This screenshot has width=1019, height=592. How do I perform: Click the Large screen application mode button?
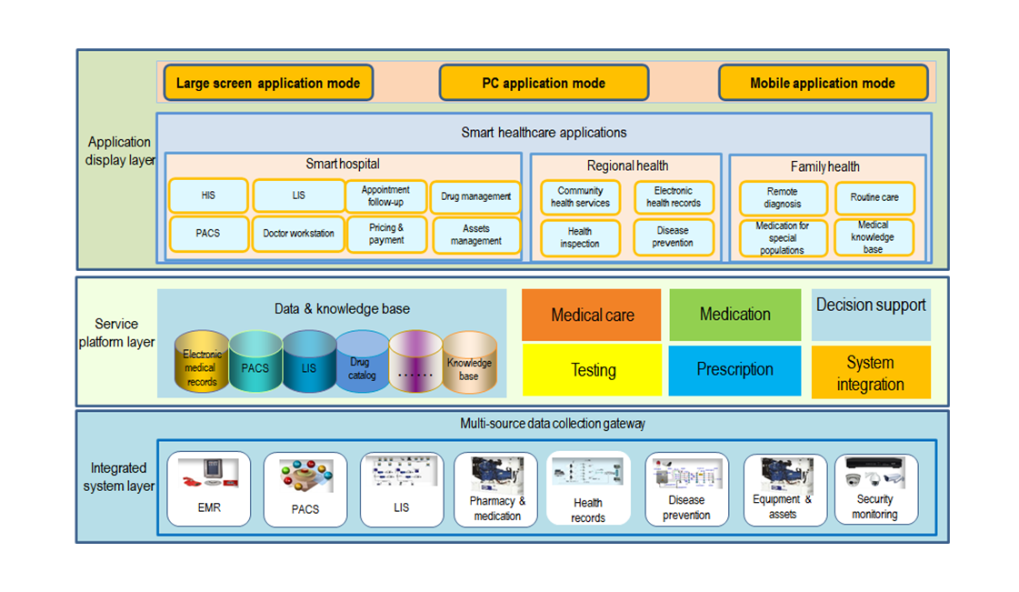pyautogui.click(x=268, y=83)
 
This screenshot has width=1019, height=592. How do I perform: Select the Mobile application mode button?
pyautogui.click(x=823, y=83)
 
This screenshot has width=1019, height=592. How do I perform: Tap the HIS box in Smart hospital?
pyautogui.click(x=208, y=196)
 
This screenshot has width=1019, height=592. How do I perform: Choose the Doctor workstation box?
pyautogui.click(x=299, y=234)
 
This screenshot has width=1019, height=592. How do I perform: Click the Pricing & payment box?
pyautogui.click(x=386, y=234)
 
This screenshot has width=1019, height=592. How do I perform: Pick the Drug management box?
pyautogui.click(x=475, y=196)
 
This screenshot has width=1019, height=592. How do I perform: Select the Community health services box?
pyautogui.click(x=580, y=197)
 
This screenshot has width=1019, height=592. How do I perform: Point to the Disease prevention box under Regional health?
pyautogui.click(x=673, y=236)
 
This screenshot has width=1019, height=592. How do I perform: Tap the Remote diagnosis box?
pyautogui.click(x=782, y=197)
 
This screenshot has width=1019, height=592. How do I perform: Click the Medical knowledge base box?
pyautogui.click(x=873, y=236)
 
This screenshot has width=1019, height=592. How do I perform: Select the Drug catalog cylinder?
pyautogui.click(x=363, y=364)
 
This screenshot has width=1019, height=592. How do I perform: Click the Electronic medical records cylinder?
pyautogui.click(x=201, y=364)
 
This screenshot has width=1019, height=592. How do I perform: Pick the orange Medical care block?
pyautogui.click(x=592, y=316)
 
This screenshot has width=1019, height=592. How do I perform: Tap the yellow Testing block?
pyautogui.click(x=593, y=370)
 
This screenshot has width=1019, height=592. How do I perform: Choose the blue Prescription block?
pyautogui.click(x=734, y=370)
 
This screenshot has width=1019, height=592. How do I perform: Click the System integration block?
pyautogui.click(x=870, y=373)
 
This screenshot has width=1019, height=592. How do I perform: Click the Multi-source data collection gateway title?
pyautogui.click(x=553, y=424)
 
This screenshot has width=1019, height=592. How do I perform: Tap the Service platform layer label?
pyautogui.click(x=117, y=333)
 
